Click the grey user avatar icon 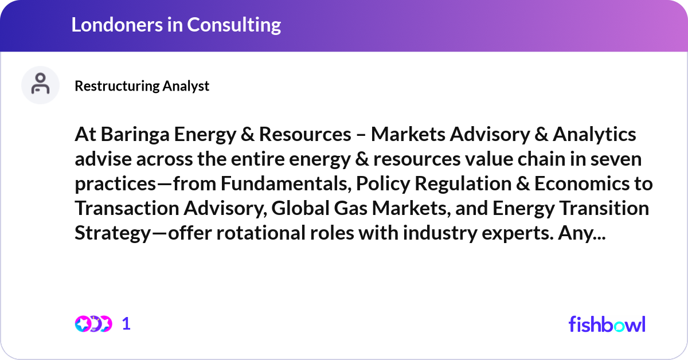tap(40, 85)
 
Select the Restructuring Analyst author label tap(142, 86)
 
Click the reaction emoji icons tap(93, 324)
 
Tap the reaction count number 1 tap(126, 324)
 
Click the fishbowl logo tap(607, 324)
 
